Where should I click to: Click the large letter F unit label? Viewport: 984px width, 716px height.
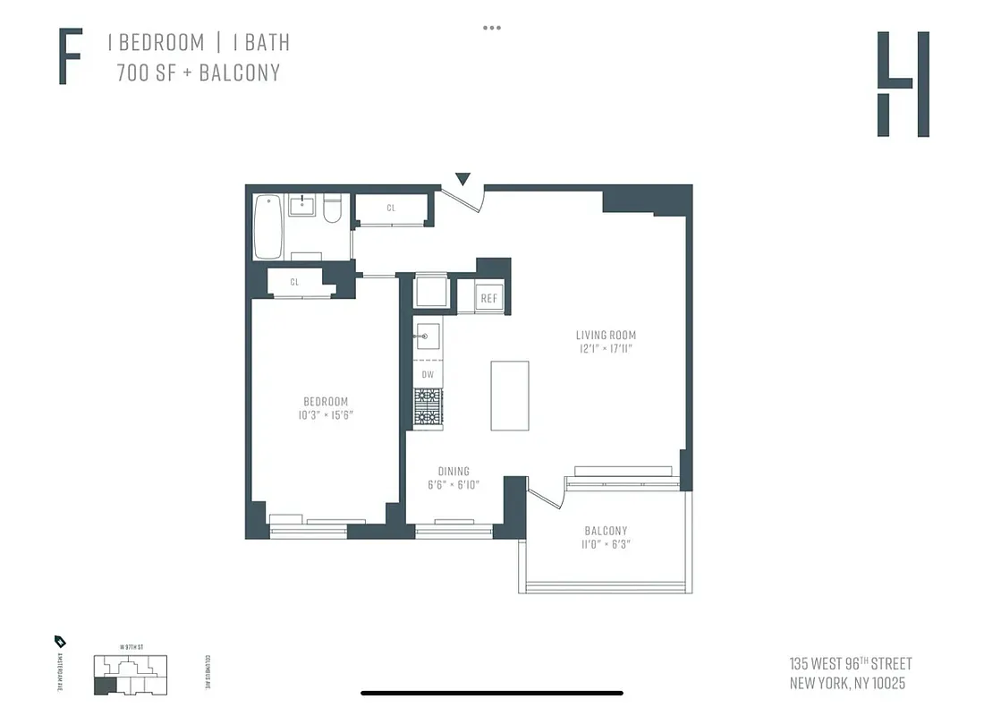[x=71, y=56]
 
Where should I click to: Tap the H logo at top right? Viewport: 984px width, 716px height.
[x=903, y=84]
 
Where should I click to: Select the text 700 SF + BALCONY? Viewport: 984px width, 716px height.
[x=198, y=72]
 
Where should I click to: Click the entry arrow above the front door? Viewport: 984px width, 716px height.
[x=462, y=179]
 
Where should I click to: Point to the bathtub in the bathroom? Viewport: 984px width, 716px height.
[x=269, y=227]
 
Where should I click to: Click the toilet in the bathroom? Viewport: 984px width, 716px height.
[x=332, y=209]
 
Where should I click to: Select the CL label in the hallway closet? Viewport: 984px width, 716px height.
[x=391, y=208]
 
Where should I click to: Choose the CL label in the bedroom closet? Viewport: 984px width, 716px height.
[x=294, y=283]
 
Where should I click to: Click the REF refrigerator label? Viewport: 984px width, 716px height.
[x=488, y=299]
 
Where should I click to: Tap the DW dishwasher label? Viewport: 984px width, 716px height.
[x=428, y=374]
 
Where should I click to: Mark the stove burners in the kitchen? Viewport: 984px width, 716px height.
[x=428, y=408]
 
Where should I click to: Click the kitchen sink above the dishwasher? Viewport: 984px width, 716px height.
[x=427, y=337]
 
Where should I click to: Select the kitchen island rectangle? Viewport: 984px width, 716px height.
[x=509, y=396]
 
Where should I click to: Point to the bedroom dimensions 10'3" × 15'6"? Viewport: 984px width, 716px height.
[x=325, y=416]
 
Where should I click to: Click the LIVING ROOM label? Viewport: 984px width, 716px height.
[x=606, y=336]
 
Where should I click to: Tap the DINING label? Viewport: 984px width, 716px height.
[x=454, y=472]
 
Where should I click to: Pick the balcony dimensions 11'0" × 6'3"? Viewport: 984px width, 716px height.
[x=606, y=544]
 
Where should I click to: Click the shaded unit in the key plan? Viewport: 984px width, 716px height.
[x=105, y=686]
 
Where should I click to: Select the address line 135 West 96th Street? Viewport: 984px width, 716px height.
[x=851, y=664]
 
